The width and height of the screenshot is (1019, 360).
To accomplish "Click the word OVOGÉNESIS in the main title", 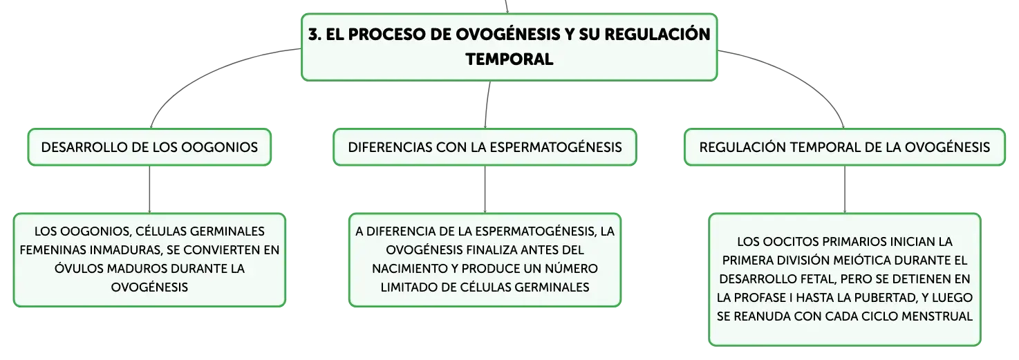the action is tap(508, 34).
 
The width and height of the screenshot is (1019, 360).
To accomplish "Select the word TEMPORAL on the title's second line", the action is tap(509, 59).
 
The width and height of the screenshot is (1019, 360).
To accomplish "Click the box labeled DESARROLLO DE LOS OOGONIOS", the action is tap(149, 146).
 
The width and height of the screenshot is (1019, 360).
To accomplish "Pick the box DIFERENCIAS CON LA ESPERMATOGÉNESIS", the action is tap(485, 146).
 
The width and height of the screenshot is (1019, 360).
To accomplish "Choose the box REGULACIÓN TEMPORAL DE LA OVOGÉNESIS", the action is tap(844, 146).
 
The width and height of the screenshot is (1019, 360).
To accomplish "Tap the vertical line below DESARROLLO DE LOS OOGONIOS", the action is tap(149, 189).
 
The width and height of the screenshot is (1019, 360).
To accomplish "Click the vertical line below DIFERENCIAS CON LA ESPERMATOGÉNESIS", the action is tap(485, 189).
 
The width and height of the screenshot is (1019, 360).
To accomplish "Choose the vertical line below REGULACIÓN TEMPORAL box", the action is tap(845, 189).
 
